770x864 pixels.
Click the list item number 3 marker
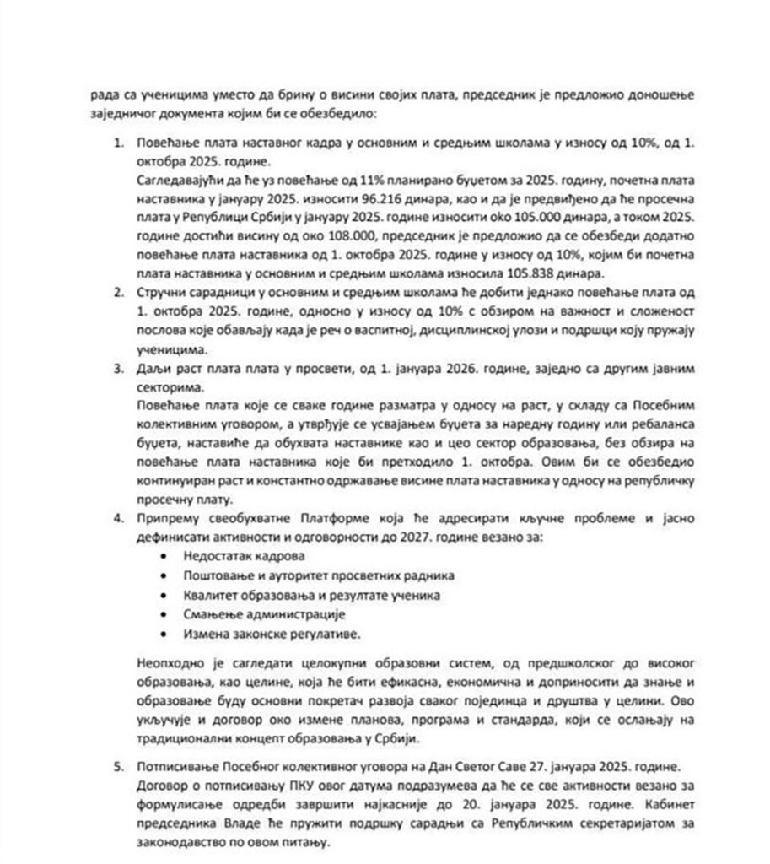118,370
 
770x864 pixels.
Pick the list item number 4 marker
118,516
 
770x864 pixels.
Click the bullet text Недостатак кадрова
232,556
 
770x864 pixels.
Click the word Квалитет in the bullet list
207,595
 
